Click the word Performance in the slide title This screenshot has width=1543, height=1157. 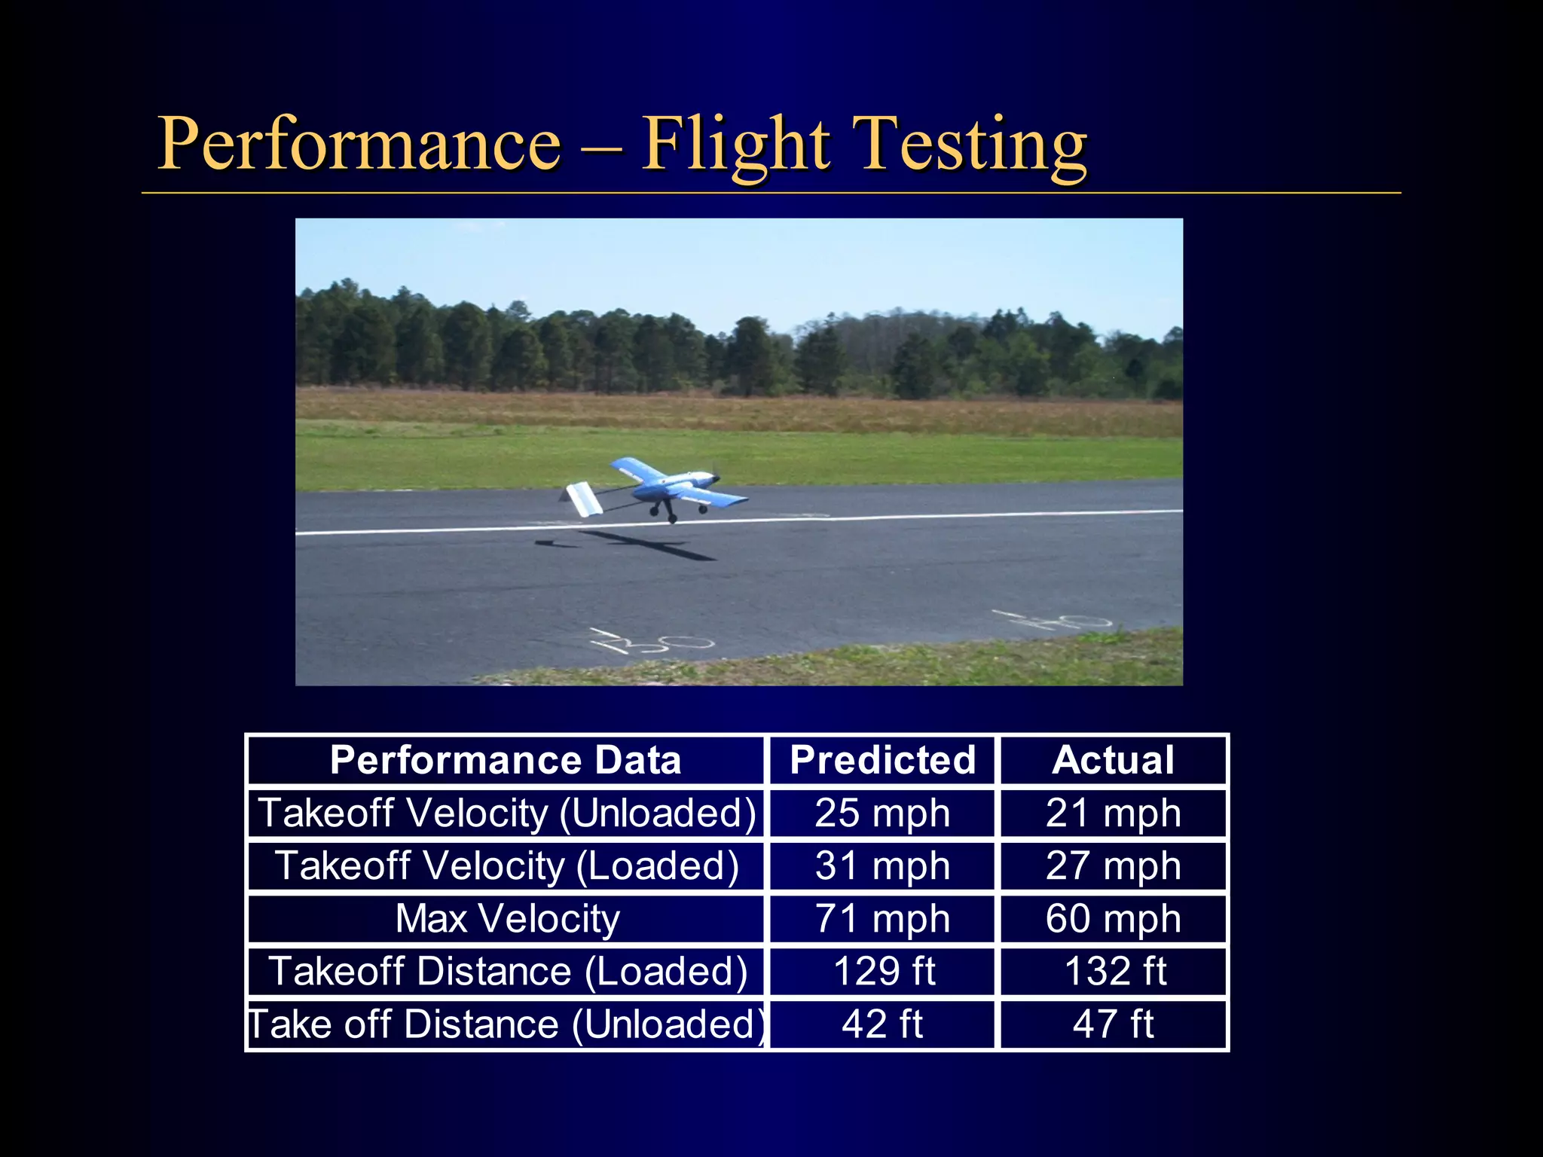[x=359, y=143]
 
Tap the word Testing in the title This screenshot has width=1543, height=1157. [x=972, y=145]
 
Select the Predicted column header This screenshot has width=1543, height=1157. [x=882, y=760]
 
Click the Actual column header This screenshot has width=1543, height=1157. [x=1113, y=760]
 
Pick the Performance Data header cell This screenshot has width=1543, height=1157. [x=506, y=760]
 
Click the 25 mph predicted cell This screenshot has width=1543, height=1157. [x=882, y=814]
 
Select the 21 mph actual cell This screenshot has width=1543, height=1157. [x=1113, y=814]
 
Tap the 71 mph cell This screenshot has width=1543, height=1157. [x=882, y=919]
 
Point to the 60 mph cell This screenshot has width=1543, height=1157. [x=1113, y=919]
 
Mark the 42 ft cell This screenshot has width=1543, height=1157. [x=882, y=1024]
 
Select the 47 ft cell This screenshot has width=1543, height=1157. [x=1113, y=1024]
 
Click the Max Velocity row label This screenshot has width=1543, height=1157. [x=507, y=919]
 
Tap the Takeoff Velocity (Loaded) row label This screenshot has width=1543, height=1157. [x=507, y=866]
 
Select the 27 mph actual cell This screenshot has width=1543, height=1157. [x=1113, y=866]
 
